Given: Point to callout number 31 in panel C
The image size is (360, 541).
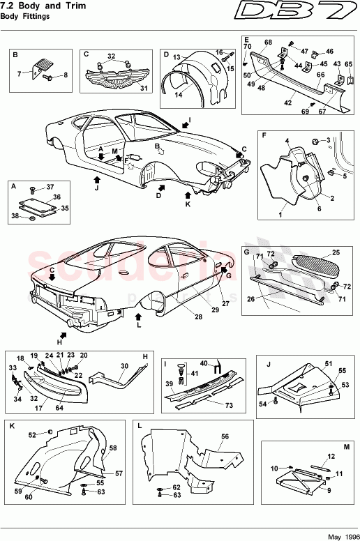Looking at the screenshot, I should point(144,89).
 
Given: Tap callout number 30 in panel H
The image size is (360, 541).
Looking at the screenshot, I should point(123,366).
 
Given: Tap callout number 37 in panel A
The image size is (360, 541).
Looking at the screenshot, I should point(50,187).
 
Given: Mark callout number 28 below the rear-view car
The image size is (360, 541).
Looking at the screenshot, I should point(198,317).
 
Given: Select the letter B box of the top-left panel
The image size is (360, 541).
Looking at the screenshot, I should point(16,54).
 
